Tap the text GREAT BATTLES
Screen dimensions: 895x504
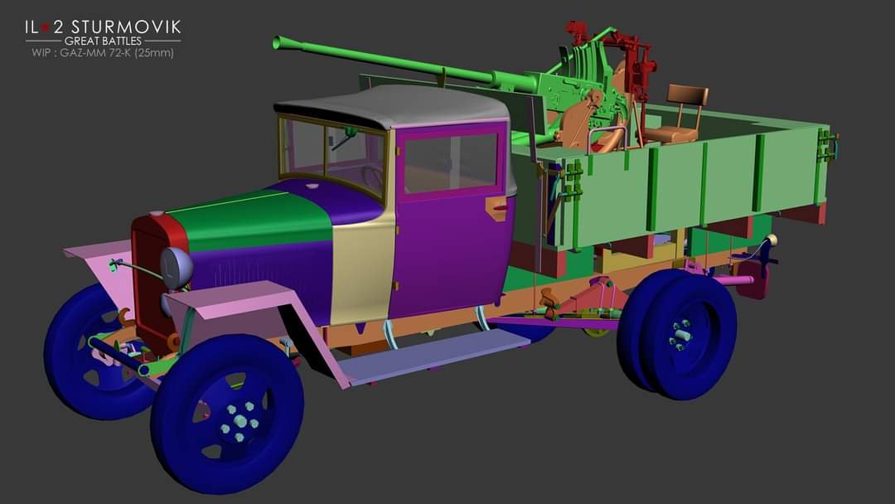tap(103, 41)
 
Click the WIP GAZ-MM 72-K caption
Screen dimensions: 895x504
tap(103, 52)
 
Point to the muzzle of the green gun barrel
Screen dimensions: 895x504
tap(278, 42)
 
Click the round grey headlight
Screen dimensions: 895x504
tap(177, 268)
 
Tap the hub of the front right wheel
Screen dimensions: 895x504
tap(240, 421)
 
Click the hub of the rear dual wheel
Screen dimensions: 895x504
tap(681, 335)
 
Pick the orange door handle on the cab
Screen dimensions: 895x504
tap(496, 207)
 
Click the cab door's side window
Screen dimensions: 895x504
tap(450, 162)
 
